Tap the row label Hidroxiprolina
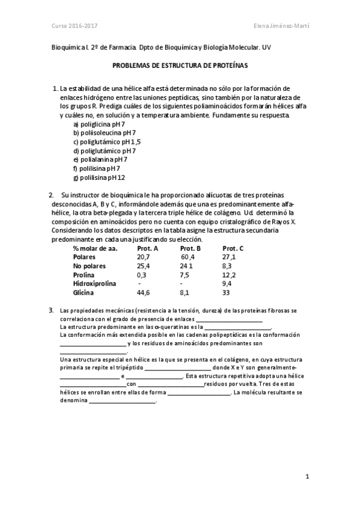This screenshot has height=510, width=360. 95,283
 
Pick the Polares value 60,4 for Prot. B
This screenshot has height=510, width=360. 189,257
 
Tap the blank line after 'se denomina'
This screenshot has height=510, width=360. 122,401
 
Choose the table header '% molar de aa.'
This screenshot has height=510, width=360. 95,248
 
